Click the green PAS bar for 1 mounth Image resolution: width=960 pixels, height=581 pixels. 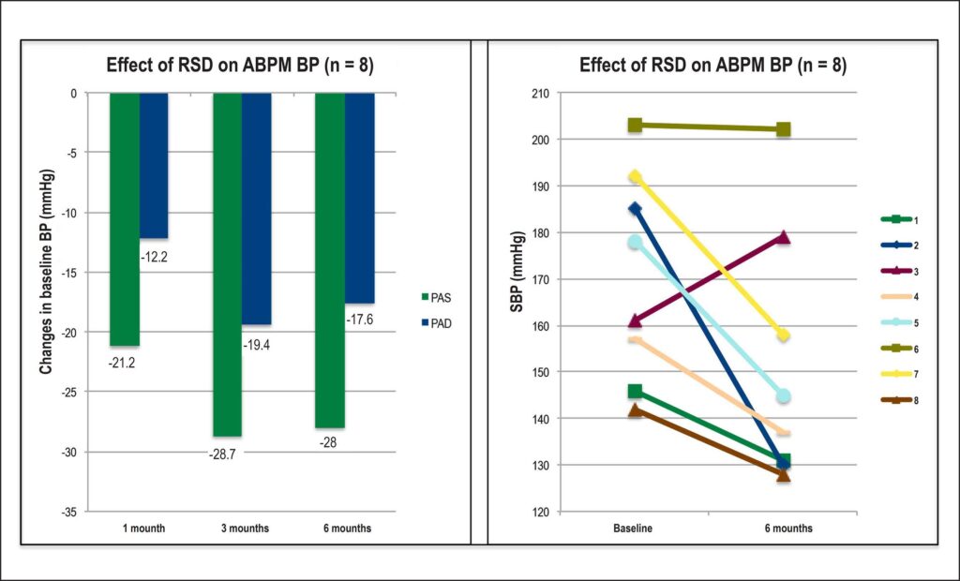(x=125, y=219)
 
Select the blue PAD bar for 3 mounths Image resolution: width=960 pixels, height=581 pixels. (x=257, y=209)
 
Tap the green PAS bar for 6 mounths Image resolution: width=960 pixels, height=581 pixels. (x=330, y=261)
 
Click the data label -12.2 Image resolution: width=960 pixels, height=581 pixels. (x=154, y=258)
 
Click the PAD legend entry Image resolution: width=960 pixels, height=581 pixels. (x=436, y=323)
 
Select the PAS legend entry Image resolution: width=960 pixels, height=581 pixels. (x=436, y=298)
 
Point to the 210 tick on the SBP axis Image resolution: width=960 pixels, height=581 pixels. (x=540, y=93)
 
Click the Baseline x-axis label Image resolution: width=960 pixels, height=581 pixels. (x=633, y=528)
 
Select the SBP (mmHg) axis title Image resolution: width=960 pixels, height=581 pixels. (x=517, y=273)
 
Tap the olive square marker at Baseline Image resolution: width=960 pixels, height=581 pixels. (x=635, y=125)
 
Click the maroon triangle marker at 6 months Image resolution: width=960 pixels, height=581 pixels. (x=783, y=237)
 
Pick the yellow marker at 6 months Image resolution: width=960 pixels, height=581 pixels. (x=783, y=335)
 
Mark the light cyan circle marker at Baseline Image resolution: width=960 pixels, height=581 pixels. (x=635, y=242)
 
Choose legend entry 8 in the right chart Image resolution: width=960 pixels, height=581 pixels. (x=899, y=400)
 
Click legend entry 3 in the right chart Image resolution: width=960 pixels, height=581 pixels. (x=899, y=271)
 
